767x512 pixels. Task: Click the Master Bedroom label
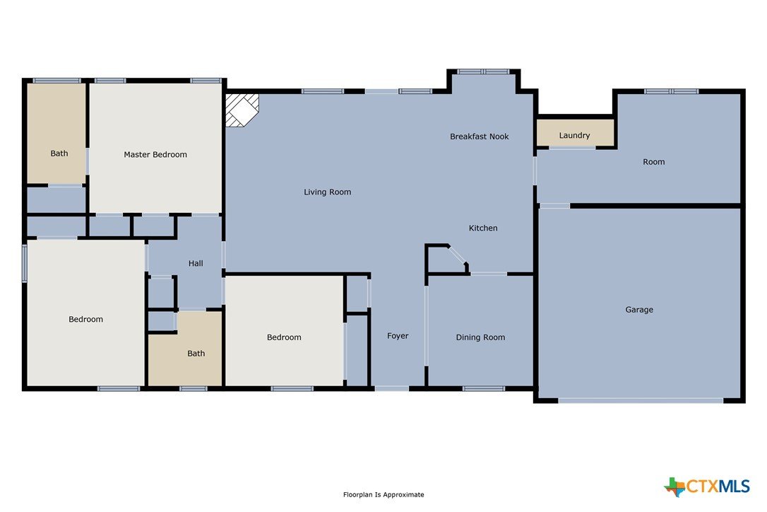[155, 154]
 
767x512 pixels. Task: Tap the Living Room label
[327, 192]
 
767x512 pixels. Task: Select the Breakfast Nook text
[480, 136]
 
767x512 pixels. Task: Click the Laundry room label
[574, 135]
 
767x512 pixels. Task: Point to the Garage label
[639, 310]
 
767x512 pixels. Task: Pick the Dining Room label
[480, 337]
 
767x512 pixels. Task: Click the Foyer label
[398, 336]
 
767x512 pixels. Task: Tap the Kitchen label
[483, 228]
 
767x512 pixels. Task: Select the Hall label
[196, 263]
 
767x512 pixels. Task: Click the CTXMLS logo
[706, 487]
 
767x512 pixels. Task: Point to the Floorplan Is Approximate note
[383, 494]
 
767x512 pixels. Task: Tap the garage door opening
[641, 400]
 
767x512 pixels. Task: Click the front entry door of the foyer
[392, 388]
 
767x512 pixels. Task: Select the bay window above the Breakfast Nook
[483, 71]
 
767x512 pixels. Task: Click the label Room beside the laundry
[653, 162]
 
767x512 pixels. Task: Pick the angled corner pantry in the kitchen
[447, 260]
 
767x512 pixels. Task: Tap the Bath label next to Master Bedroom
[59, 153]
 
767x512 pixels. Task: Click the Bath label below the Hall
[196, 354]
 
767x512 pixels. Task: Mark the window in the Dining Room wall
[483, 388]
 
